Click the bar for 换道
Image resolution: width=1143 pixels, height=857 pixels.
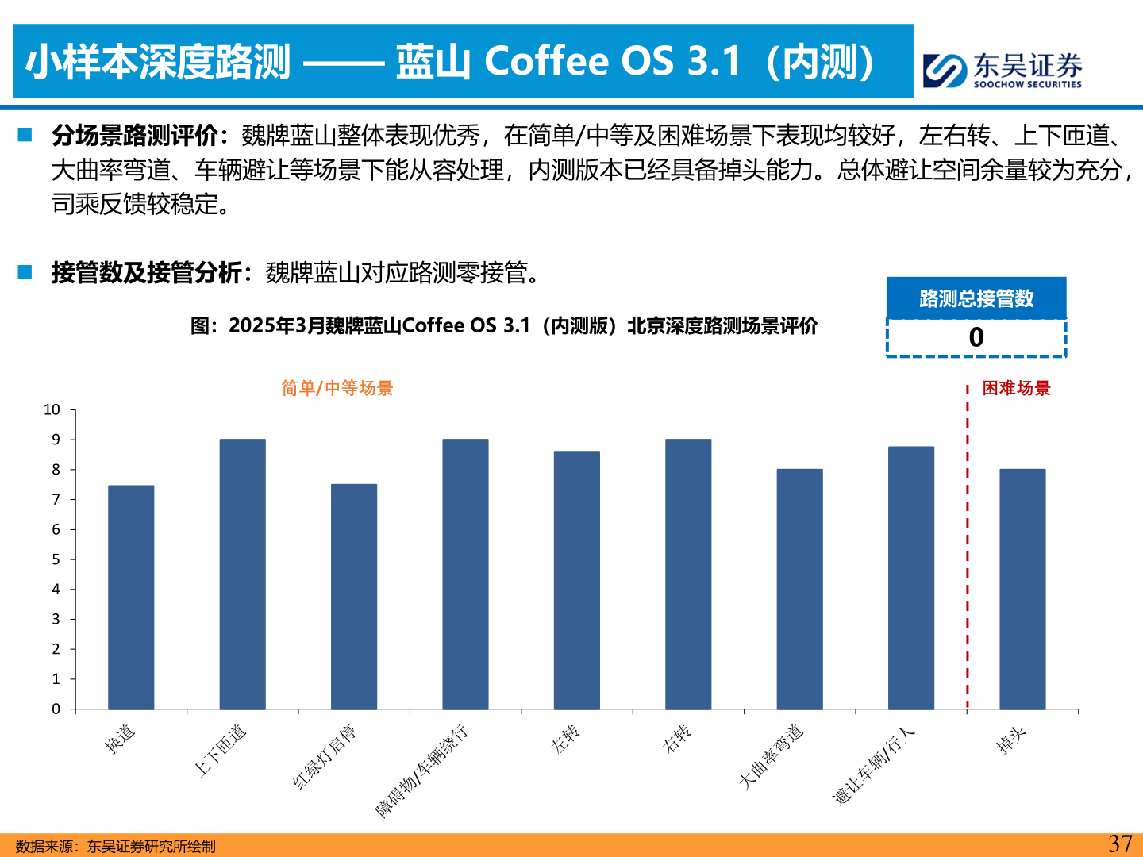click(131, 597)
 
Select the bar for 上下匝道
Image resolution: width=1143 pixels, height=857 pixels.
click(243, 574)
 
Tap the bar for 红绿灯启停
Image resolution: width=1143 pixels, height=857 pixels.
click(354, 596)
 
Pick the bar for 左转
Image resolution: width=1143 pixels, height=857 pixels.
click(577, 580)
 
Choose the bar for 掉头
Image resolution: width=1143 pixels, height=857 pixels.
click(1022, 589)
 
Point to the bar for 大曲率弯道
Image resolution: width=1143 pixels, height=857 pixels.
click(799, 589)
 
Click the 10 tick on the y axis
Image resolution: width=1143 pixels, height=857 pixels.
click(52, 410)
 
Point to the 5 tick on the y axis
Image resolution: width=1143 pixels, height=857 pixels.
click(56, 559)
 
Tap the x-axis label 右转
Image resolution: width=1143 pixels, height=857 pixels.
click(677, 739)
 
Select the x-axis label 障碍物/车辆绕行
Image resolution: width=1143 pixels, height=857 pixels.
click(422, 770)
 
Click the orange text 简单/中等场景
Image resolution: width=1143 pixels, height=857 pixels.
click(337, 388)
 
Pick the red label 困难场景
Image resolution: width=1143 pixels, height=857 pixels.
click(1016, 388)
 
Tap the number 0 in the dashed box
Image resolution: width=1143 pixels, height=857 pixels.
click(976, 338)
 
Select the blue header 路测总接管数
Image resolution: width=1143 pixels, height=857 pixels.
click(976, 298)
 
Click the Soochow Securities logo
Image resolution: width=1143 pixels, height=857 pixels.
click(1003, 70)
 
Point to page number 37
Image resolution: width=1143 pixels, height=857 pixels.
click(1120, 844)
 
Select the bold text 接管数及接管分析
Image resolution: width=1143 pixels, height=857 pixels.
click(147, 273)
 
